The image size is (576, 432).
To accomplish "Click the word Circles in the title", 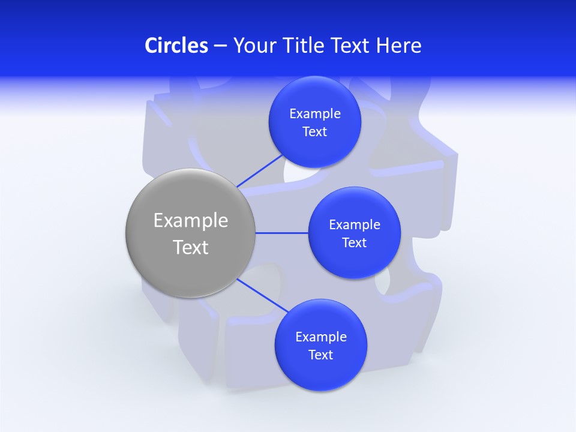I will tap(176, 46).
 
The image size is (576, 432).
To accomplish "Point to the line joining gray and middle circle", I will tap(281, 233).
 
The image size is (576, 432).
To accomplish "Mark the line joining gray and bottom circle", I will tap(262, 295).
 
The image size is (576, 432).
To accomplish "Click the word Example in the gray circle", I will tap(190, 221).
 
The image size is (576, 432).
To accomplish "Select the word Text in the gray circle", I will tap(190, 247).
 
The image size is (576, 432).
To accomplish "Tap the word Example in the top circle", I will tap(314, 114).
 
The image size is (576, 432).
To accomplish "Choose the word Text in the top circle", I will tap(314, 132).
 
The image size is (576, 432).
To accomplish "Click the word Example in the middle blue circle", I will tap(354, 225).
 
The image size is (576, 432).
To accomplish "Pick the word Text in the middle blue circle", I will tap(354, 243).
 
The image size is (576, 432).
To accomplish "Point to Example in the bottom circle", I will tap(320, 337).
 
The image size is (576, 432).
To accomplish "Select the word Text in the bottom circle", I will tap(320, 355).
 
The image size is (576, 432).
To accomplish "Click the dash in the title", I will tap(220, 46).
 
